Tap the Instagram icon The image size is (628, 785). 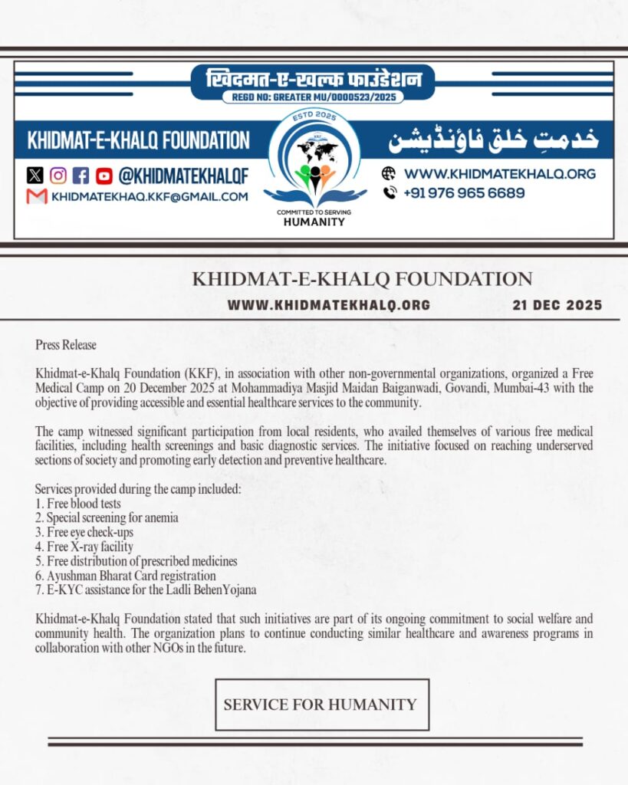[x=58, y=176]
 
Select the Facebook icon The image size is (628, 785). [x=81, y=176]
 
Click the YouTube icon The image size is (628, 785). [x=104, y=176]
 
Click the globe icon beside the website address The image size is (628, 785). [x=389, y=174]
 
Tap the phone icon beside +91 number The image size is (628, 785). [x=389, y=193]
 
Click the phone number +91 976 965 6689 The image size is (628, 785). [x=465, y=193]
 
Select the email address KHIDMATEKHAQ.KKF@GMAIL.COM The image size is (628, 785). [x=150, y=197]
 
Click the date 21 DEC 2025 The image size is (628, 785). [x=557, y=305]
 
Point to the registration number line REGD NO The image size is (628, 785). [x=312, y=97]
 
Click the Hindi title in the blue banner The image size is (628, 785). [x=313, y=79]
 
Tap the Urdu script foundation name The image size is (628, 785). [x=493, y=140]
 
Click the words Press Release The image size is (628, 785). [x=66, y=345]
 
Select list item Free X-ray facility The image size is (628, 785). [x=84, y=547]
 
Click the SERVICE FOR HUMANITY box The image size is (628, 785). [x=321, y=705]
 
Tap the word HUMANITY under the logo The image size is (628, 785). [x=314, y=222]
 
